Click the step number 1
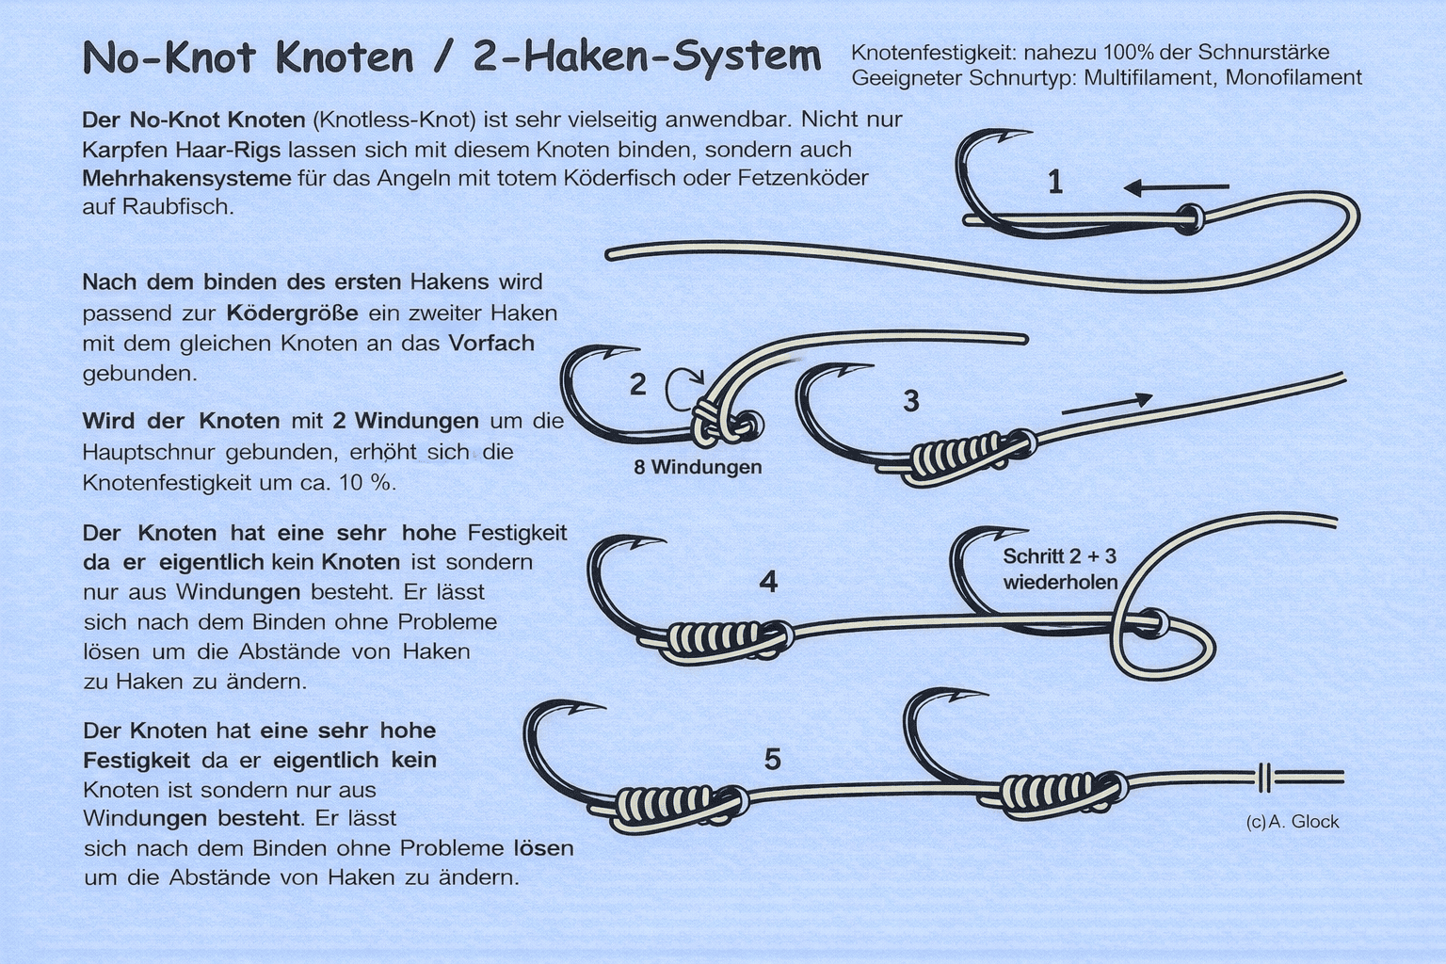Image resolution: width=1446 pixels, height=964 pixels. pyautogui.click(x=1055, y=182)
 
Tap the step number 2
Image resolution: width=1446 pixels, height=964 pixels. pyautogui.click(x=637, y=384)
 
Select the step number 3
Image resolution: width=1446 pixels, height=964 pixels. pyautogui.click(x=911, y=401)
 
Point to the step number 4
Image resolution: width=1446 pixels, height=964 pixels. pyautogui.click(x=768, y=582)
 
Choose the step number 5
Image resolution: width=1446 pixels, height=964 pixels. pyautogui.click(x=773, y=760)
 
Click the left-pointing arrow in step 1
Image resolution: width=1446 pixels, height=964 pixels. pyautogui.click(x=1176, y=188)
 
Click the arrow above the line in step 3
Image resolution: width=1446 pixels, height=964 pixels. pyautogui.click(x=1107, y=404)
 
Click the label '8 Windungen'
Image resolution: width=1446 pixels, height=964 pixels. pyautogui.click(x=698, y=467)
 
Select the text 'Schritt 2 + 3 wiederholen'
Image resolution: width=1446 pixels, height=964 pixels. pyautogui.click(x=1060, y=569)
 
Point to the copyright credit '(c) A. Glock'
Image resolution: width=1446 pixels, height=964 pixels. pyautogui.click(x=1293, y=821)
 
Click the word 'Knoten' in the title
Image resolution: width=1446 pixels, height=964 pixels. pyautogui.click(x=344, y=57)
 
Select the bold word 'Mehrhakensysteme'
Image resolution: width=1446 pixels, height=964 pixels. pyautogui.click(x=186, y=178)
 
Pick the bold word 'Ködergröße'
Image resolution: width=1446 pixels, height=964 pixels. pyautogui.click(x=292, y=313)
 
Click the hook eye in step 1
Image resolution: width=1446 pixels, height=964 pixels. pyautogui.click(x=1190, y=218)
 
